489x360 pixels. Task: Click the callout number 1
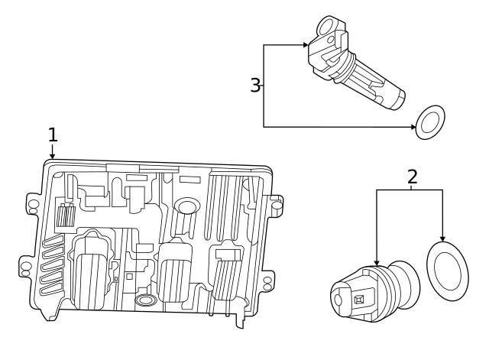[x=53, y=135]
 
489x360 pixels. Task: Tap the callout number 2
[x=413, y=177]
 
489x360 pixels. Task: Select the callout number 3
[x=256, y=85]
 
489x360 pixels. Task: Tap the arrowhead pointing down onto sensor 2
[x=377, y=264]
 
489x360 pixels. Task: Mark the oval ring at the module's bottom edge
[x=144, y=301]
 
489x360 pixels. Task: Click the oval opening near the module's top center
[x=186, y=206]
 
